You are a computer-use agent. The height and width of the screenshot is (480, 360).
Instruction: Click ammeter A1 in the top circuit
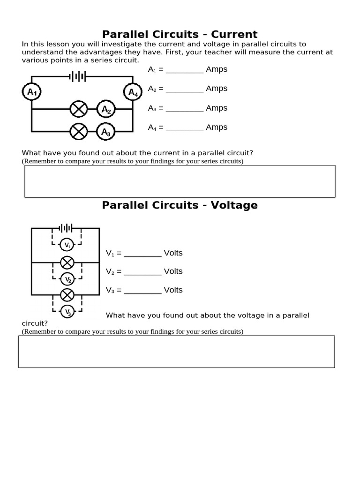tap(32, 92)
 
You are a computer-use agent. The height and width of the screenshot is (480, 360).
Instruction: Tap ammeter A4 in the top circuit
tap(133, 92)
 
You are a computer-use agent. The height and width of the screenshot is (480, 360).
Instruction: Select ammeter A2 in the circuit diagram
tap(106, 110)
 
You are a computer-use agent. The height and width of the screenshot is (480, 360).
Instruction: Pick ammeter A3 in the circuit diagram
tap(106, 132)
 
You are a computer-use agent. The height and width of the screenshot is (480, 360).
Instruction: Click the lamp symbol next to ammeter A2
tap(79, 110)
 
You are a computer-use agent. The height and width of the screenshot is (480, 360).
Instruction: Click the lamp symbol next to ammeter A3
tap(79, 132)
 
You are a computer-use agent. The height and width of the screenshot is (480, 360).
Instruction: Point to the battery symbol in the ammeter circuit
tap(78, 76)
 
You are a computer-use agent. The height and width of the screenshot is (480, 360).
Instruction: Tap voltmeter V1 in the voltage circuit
tap(67, 245)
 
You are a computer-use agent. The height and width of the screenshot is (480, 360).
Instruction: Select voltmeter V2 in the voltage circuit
tap(67, 279)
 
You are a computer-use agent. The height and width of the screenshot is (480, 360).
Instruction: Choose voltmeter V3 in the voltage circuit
tap(67, 311)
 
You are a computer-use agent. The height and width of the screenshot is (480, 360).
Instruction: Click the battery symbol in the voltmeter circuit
tap(66, 228)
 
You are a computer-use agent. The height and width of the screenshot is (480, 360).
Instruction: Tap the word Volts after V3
tap(173, 290)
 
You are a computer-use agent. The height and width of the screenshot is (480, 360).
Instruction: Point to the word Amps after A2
tap(217, 89)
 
